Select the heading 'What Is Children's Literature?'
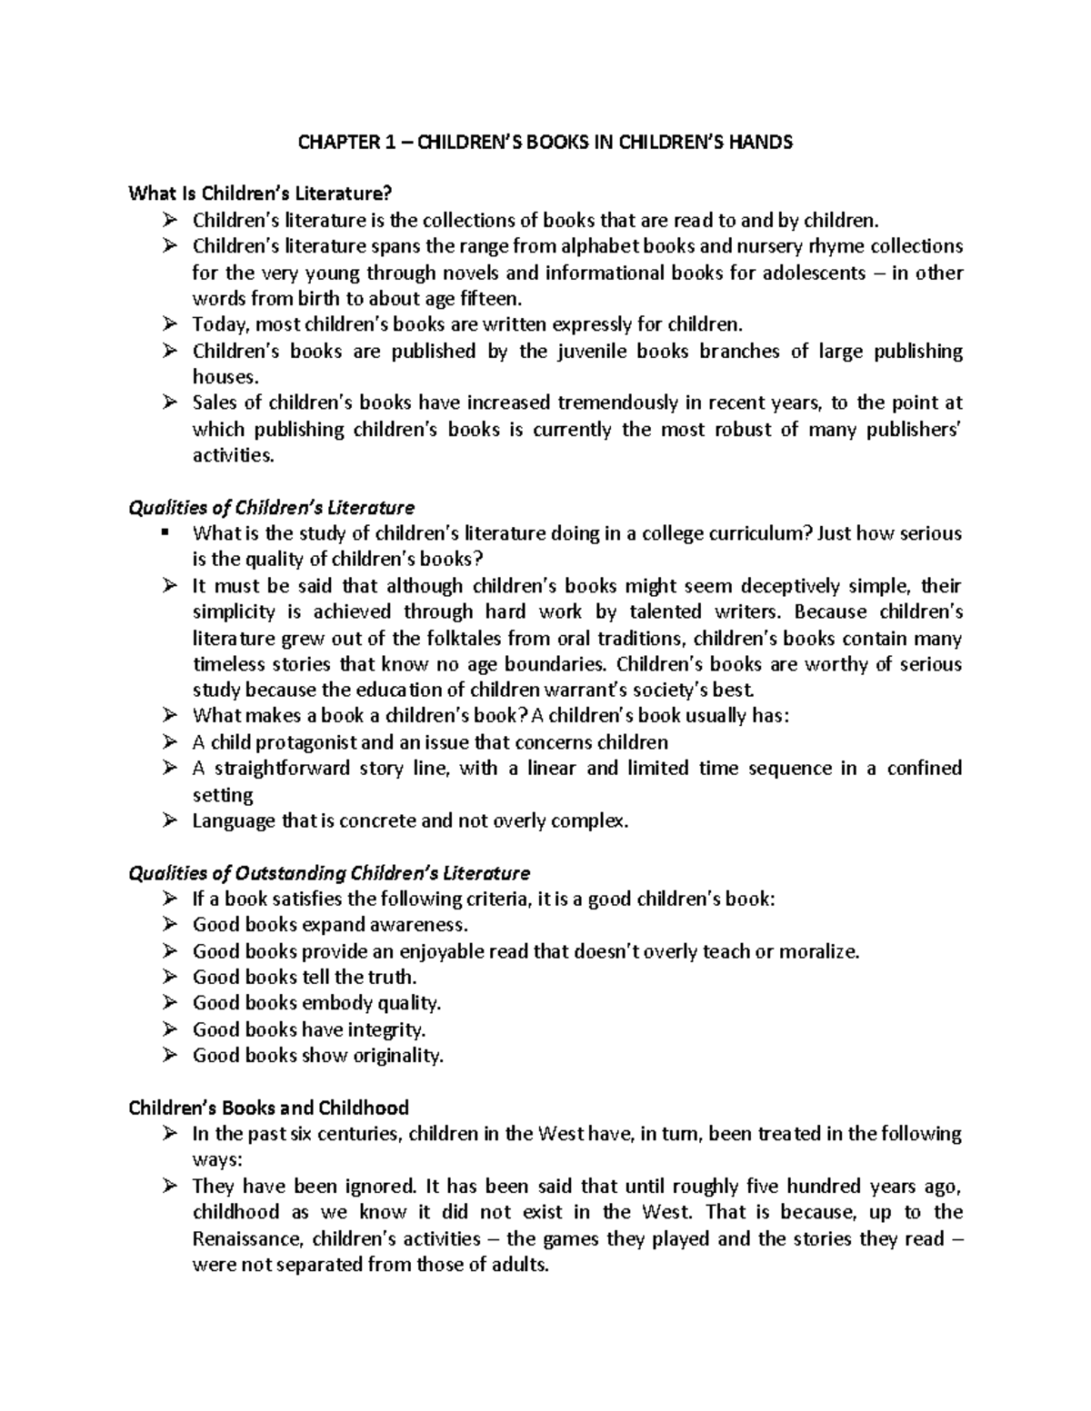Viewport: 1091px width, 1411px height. pyautogui.click(x=262, y=194)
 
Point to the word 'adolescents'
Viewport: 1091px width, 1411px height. pyautogui.click(x=813, y=273)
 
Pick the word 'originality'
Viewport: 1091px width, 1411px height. pyautogui.click(x=397, y=1056)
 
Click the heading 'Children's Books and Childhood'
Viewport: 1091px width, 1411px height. pyautogui.click(x=268, y=1108)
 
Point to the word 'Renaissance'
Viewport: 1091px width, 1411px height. pyautogui.click(x=247, y=1238)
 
